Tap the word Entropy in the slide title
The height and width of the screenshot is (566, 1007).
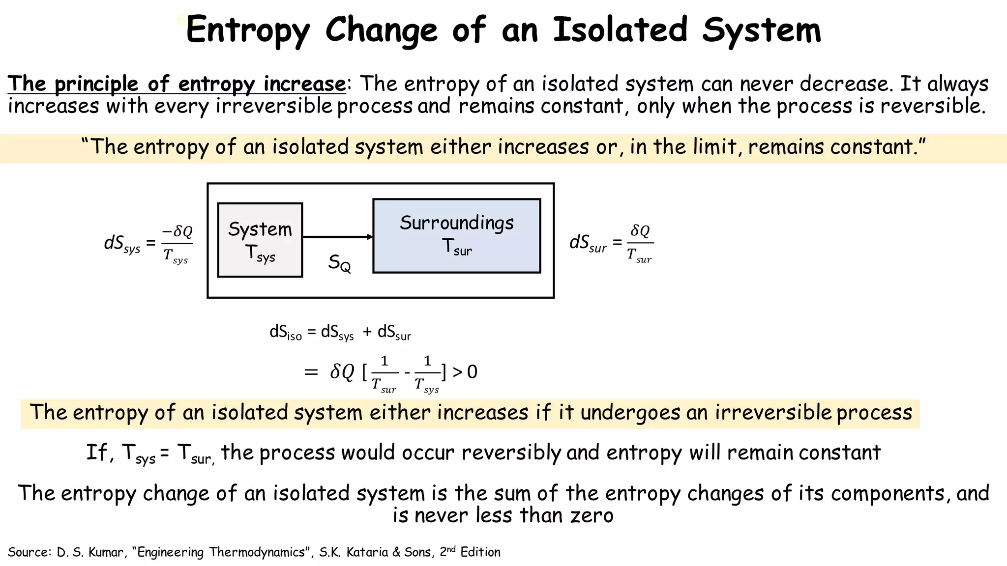[x=248, y=30]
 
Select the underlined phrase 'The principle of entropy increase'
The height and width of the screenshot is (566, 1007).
[x=177, y=84]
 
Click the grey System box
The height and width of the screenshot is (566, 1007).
[x=260, y=240]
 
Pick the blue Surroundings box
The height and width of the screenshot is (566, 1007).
[x=456, y=236]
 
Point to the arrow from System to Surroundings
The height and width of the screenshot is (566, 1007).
[x=337, y=237]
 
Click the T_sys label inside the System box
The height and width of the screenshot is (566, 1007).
[x=260, y=253]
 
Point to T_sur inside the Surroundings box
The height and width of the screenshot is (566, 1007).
[x=457, y=247]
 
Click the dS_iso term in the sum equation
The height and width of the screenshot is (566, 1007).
[x=285, y=333]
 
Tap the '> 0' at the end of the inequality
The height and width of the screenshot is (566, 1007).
[x=465, y=372]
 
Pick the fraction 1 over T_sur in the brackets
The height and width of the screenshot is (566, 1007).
[x=384, y=374]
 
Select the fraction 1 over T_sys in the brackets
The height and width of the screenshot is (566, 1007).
[x=427, y=374]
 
